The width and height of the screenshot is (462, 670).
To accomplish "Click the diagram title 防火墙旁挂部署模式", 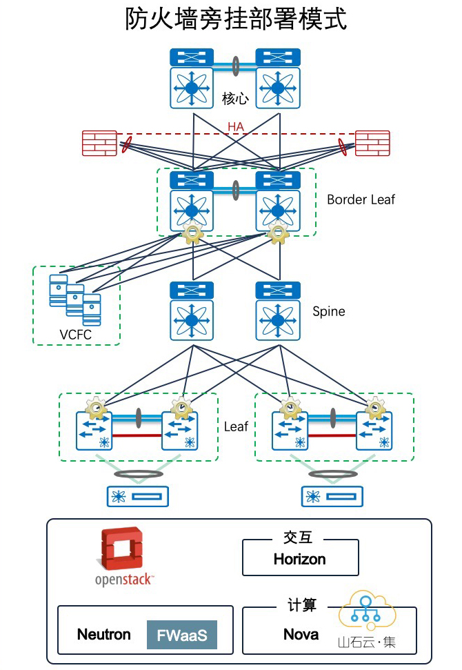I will point(235,19).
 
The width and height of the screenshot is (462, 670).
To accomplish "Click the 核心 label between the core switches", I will point(235,99).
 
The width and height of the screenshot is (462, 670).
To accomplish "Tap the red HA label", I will point(236,127).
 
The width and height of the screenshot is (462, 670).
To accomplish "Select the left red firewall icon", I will point(99,144).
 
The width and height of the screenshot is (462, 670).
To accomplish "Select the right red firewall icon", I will point(372,144).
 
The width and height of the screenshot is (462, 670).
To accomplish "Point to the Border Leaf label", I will point(361,199).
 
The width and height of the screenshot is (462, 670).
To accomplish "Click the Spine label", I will point(328,311).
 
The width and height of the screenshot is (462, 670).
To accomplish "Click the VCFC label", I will point(75,335).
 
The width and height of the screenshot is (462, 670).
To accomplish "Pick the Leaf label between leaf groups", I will point(236,426).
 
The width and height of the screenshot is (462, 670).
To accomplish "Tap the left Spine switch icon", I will point(192,311).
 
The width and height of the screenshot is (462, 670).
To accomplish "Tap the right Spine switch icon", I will point(278,311).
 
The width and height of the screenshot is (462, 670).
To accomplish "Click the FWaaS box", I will point(181,635).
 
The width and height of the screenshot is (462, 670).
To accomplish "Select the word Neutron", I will point(103,635).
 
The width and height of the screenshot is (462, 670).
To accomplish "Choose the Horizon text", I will point(299,559).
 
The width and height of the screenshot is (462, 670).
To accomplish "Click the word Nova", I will point(301,634).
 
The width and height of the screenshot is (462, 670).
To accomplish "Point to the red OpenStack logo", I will point(122,550).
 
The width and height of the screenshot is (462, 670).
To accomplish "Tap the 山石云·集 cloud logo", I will point(367,619).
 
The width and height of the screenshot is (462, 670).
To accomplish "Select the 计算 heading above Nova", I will point(301,605).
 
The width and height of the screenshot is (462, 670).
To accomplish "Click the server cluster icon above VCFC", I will point(75,299).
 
